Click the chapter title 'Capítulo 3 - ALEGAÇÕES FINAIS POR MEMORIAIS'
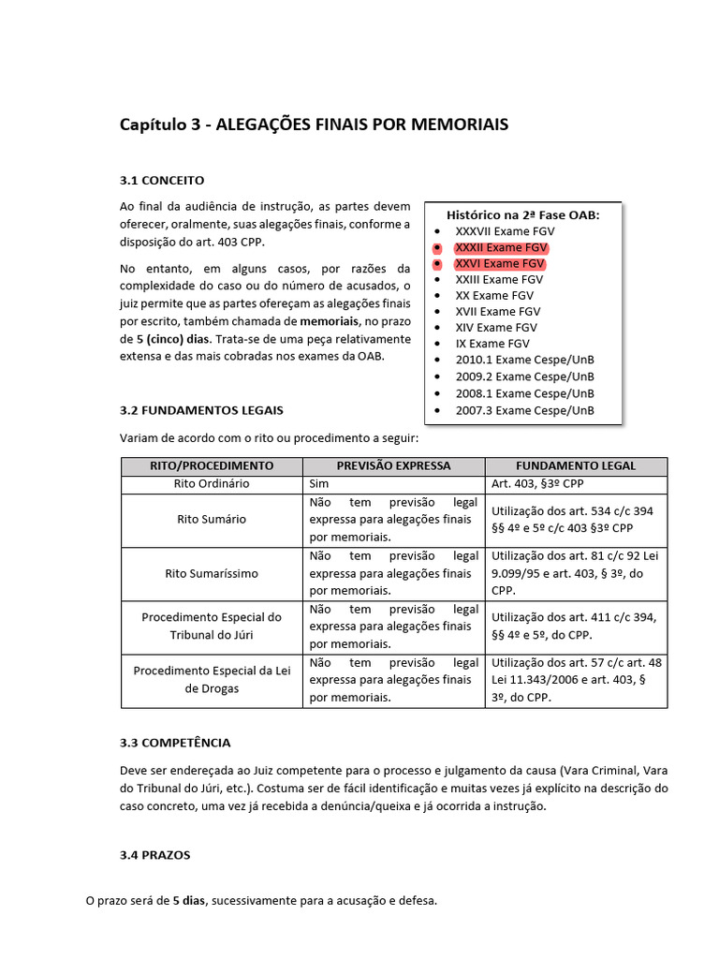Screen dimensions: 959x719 [x=315, y=125]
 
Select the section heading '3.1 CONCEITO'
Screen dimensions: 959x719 [x=162, y=180]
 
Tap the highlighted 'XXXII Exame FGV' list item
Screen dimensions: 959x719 [x=501, y=247]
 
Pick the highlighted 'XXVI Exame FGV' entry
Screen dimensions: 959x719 [x=499, y=264]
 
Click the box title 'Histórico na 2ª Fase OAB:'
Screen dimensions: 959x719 [x=522, y=214]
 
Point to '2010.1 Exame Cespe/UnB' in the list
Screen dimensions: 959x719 [x=524, y=361]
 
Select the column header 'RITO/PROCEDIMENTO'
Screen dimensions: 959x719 [x=212, y=465]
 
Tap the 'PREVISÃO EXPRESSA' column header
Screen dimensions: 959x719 [x=393, y=465]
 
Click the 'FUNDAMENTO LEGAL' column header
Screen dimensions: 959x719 [x=576, y=465]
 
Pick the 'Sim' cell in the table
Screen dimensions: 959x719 [x=318, y=484]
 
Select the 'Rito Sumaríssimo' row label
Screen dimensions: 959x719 [x=212, y=572]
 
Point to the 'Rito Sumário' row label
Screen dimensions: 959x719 [x=212, y=519]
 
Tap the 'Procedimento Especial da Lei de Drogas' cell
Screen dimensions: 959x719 [x=212, y=679]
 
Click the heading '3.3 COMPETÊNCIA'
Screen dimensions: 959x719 [x=175, y=743]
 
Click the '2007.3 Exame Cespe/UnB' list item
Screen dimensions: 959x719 [x=524, y=410]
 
